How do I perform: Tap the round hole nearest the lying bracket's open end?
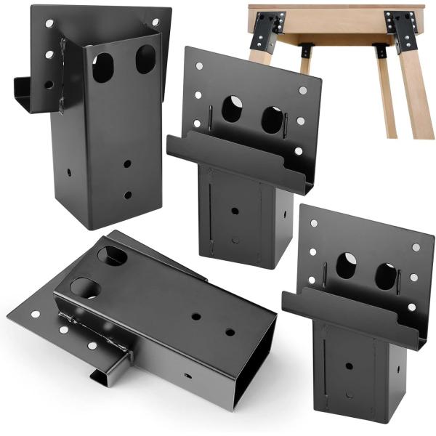coord(230,332)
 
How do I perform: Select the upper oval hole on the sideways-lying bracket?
coord(113,256)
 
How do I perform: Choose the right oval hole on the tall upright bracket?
coord(145,60)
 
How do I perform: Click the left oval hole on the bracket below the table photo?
coord(231,109)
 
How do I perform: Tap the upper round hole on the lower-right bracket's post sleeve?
coord(350,366)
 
